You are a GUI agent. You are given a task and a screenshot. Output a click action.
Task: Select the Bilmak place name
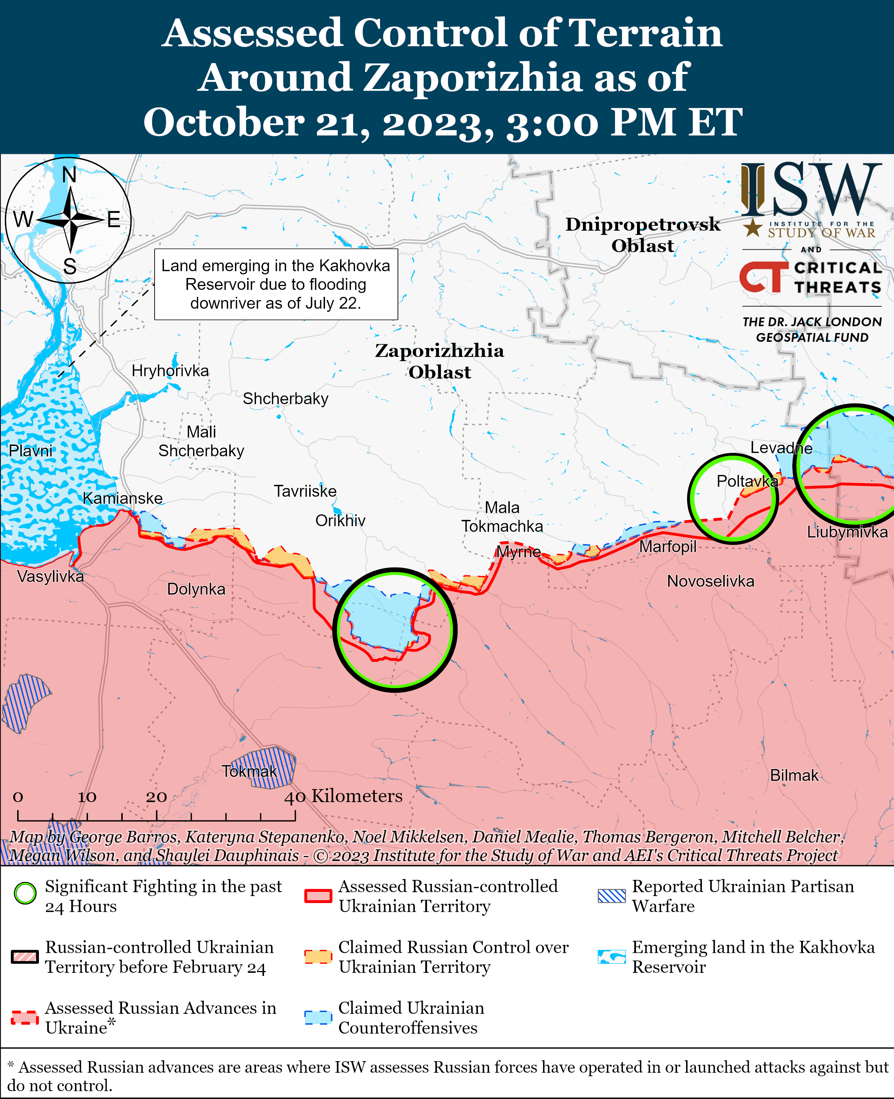tap(794, 775)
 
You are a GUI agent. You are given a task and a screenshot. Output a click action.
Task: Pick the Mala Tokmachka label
tap(502, 516)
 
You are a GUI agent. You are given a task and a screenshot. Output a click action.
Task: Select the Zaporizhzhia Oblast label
tap(439, 361)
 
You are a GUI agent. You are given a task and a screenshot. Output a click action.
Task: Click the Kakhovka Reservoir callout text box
tap(276, 284)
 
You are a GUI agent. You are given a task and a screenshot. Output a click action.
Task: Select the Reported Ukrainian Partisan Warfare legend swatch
tap(611, 896)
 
